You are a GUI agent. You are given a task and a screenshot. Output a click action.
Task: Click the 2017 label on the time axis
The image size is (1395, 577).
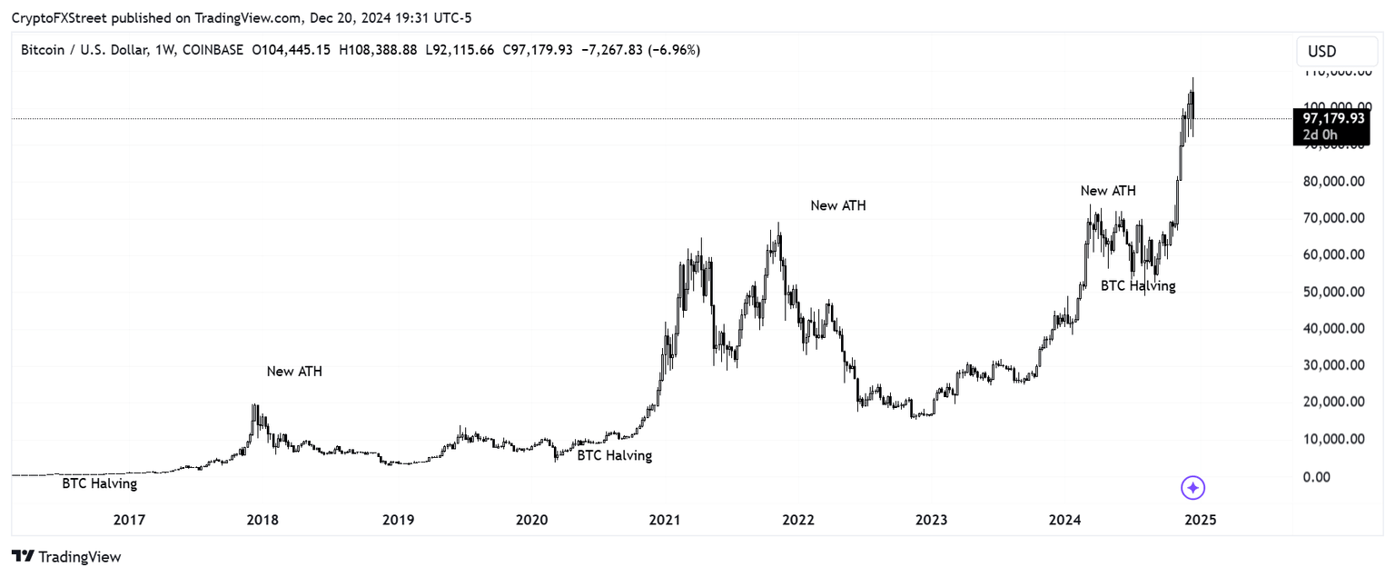coord(129,521)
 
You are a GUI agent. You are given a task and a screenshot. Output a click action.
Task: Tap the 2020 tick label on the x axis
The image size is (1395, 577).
coord(531,521)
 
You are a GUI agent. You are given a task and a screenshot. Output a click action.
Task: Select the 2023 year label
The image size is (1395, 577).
coord(931,521)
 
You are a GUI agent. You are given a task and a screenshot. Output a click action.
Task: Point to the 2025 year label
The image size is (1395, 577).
coord(1201,521)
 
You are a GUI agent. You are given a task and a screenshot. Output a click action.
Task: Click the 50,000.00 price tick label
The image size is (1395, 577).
coord(1333,292)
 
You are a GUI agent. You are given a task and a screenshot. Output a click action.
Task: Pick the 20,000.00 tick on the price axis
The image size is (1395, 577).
coord(1333,402)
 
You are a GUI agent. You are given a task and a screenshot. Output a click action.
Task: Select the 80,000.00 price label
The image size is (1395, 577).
coord(1333,181)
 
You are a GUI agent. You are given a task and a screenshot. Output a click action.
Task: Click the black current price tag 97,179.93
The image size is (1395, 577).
coord(1332,118)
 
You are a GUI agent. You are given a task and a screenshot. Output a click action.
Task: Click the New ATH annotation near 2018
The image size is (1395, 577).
coord(294,372)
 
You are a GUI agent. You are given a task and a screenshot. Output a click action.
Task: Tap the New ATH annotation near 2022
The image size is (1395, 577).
coord(838,206)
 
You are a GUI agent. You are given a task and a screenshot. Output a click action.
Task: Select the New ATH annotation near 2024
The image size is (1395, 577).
coord(1108,191)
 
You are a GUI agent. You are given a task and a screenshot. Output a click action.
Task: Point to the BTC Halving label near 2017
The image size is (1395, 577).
coord(100,484)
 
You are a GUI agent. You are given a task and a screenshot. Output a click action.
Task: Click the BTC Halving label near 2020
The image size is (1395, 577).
coord(615,455)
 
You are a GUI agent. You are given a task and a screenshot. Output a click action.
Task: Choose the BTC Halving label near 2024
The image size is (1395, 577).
coord(1138,285)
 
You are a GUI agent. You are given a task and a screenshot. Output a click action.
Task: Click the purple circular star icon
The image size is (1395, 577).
coord(1192,488)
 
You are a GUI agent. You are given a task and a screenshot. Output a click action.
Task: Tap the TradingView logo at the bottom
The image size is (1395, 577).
coord(66,556)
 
